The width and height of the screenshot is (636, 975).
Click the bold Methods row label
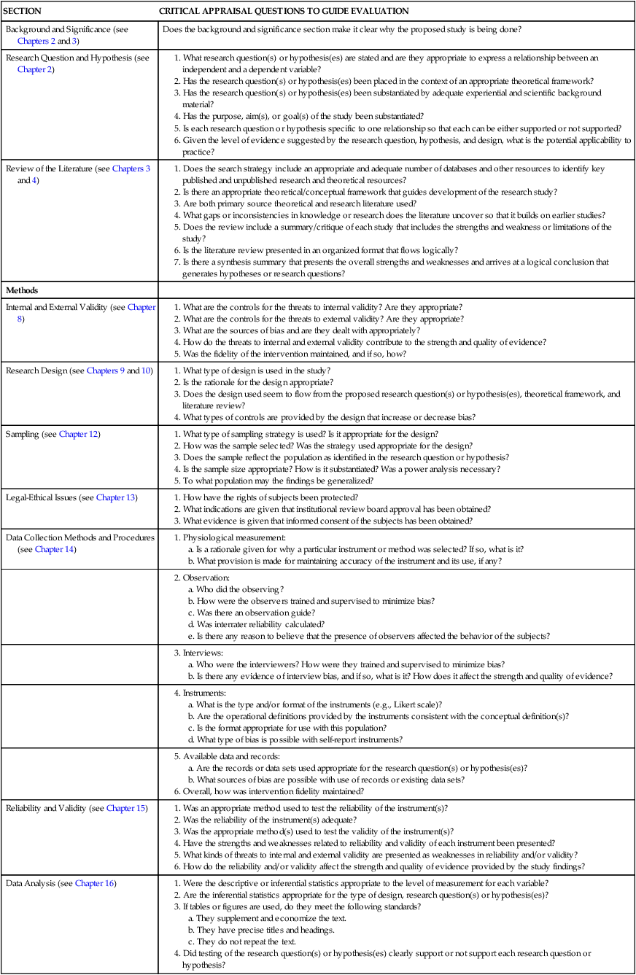23,290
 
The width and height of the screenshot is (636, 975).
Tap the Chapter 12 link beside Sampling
79,434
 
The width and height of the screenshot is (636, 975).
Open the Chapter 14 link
54,549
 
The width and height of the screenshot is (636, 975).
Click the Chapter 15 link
126,808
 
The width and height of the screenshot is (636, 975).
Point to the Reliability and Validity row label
45,808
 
